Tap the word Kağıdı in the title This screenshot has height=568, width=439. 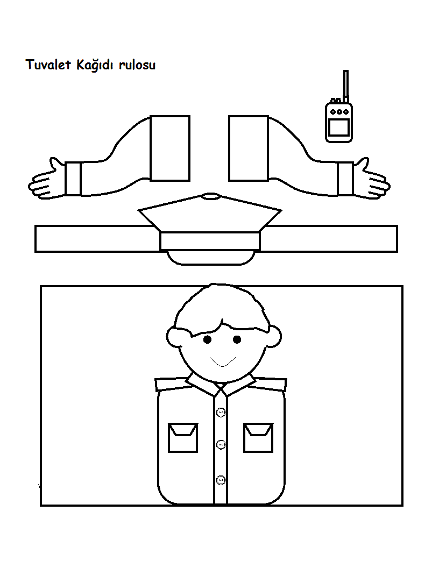[96, 66]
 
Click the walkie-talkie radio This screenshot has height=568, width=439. [339, 122]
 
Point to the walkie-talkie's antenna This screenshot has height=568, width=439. [345, 83]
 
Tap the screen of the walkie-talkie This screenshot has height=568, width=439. [339, 128]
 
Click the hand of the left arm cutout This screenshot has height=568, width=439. [46, 180]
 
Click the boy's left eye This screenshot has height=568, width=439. [207, 339]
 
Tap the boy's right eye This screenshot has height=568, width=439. [237, 339]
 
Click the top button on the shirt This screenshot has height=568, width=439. [221, 413]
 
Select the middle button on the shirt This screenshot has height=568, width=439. [221, 445]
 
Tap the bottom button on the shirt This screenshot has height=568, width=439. [221, 479]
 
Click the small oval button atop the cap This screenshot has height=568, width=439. [210, 196]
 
